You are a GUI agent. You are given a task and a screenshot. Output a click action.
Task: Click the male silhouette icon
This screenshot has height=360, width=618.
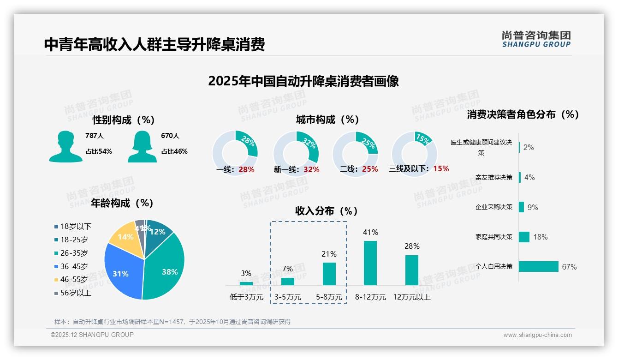pyautogui.click(x=66, y=146)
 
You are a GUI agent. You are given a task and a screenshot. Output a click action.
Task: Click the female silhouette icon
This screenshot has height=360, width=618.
pyautogui.click(x=142, y=146)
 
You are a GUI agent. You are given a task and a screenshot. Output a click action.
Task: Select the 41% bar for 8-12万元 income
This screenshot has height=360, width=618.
pyautogui.click(x=370, y=263)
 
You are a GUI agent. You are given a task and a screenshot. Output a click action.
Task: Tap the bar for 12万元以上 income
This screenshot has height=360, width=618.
pyautogui.click(x=411, y=270)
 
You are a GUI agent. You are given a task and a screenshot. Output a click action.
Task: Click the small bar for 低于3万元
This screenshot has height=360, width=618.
pyautogui.click(x=246, y=283)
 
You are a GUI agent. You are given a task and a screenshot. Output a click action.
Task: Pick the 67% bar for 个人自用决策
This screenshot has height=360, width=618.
pyautogui.click(x=538, y=267)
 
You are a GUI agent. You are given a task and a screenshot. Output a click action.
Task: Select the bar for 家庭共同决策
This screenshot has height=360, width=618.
pyautogui.click(x=524, y=237)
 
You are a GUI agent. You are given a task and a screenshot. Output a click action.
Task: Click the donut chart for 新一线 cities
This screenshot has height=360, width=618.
pyautogui.click(x=296, y=153)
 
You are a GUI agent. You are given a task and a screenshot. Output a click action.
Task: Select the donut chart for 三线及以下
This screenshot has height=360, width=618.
pyautogui.click(x=414, y=153)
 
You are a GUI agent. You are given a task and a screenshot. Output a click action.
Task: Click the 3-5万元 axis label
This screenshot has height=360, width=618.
pyautogui.click(x=287, y=297)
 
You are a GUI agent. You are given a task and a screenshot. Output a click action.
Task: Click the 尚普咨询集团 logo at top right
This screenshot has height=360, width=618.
pyautogui.click(x=536, y=39)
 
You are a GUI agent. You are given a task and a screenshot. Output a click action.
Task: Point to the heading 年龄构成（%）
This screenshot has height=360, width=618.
pyautogui.click(x=122, y=203)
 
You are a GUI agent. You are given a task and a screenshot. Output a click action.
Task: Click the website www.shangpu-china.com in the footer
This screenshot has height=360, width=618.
pyautogui.click(x=537, y=335)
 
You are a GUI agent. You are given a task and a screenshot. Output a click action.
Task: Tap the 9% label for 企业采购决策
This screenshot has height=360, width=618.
pyautogui.click(x=533, y=207)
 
